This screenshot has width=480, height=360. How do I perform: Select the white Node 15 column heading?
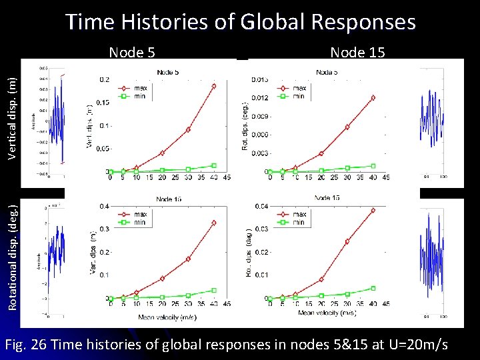pos(357,53)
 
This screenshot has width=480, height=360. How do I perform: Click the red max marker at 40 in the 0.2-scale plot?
pos(214,85)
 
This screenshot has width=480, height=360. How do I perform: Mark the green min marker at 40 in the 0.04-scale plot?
pos(373,288)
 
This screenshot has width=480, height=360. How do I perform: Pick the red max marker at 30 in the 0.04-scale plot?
pos(347,241)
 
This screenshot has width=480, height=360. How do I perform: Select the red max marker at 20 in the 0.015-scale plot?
pos(321,153)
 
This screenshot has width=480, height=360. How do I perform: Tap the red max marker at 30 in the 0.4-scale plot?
pos(189,259)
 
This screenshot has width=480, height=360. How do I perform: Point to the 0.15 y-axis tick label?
pos(101,103)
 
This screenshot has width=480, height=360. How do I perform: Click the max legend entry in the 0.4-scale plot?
pos(133,215)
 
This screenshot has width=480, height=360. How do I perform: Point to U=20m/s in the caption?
pos(416,345)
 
